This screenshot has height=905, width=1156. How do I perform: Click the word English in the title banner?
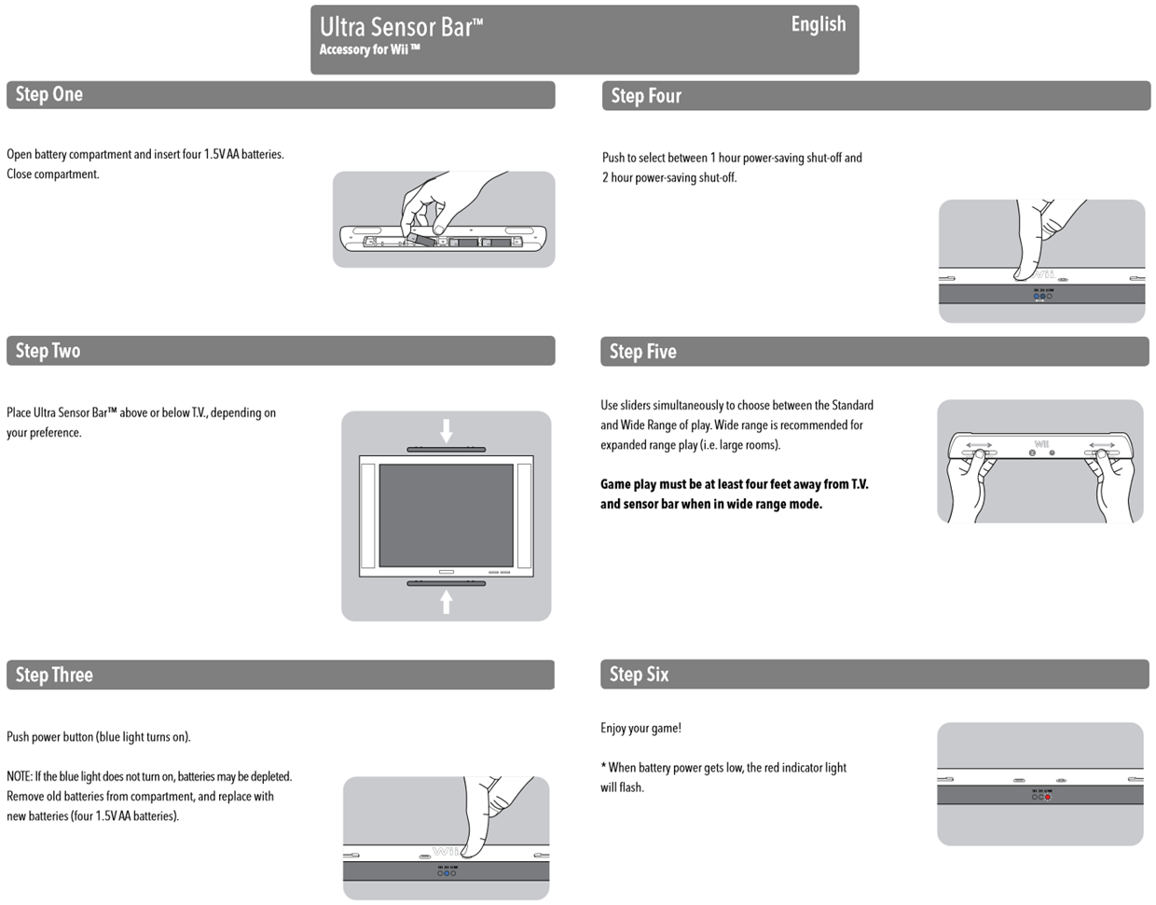click(x=818, y=24)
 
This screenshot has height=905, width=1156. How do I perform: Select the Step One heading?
click(x=48, y=94)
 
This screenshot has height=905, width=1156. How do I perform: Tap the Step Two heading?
click(x=48, y=351)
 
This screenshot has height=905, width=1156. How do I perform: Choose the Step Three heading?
click(x=53, y=675)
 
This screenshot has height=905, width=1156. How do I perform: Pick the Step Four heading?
click(x=645, y=96)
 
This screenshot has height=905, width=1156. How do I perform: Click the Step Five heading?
click(x=642, y=352)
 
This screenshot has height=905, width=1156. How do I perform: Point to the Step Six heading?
click(x=639, y=675)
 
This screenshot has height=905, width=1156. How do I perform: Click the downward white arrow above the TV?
click(x=447, y=430)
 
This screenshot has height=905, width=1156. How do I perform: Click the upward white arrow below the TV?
click(x=447, y=601)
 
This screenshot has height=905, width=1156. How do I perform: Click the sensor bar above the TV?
click(x=446, y=450)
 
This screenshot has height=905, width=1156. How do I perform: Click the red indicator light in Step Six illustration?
click(x=1048, y=798)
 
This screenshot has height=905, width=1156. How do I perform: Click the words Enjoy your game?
click(x=640, y=729)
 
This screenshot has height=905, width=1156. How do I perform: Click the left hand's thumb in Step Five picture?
click(x=980, y=454)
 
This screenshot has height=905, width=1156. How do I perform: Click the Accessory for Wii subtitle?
click(x=369, y=50)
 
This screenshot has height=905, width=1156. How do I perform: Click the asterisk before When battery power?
click(x=603, y=767)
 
